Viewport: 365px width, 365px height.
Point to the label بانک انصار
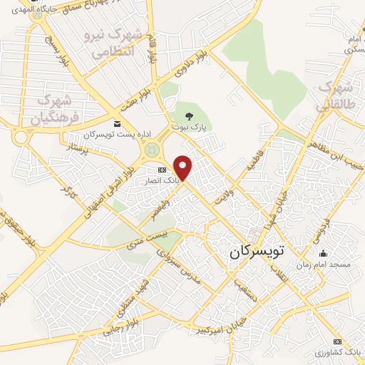(160, 181)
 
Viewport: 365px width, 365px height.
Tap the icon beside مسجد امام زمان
(324, 253)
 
